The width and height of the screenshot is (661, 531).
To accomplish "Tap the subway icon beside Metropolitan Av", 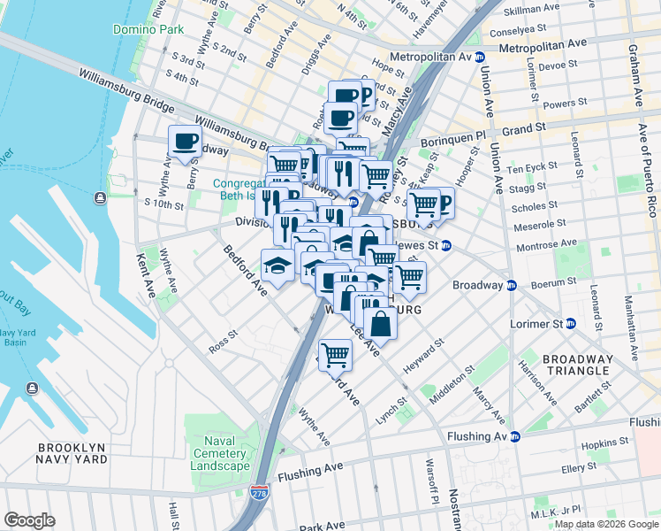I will [x=480, y=57].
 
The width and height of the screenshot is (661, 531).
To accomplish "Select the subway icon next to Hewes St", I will [x=447, y=246].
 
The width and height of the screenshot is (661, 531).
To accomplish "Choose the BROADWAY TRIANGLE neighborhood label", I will [x=577, y=365].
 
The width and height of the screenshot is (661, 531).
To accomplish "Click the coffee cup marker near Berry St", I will [x=185, y=141].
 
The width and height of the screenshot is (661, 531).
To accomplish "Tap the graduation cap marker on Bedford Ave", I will [x=277, y=265].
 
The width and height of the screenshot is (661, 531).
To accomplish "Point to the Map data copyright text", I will [x=606, y=524].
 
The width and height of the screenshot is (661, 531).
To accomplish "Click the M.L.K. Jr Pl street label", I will [x=551, y=512].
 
